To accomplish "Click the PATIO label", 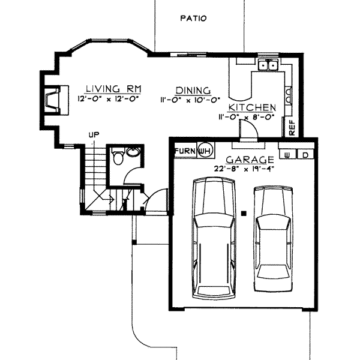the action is (193, 18).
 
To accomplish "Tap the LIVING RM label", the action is (113, 89).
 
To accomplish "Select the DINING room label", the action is (193, 91).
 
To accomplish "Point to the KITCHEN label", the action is (253, 107).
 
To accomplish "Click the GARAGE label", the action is (250, 160).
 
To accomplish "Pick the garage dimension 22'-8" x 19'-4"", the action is (244, 169).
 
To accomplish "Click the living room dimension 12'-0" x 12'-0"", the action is (109, 99).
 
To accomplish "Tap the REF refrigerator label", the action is (292, 128).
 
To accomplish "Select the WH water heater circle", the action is (205, 151).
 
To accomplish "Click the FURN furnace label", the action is (185, 151).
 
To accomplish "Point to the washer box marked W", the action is (287, 155).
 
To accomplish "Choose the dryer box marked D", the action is (305, 155).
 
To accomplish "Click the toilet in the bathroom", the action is (118, 156).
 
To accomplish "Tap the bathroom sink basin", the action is (133, 152).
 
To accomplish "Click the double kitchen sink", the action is (268, 65).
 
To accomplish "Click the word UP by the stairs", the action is (94, 135).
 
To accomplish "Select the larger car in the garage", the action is (214, 238).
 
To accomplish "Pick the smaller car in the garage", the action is (273, 239).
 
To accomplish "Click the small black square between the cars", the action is (244, 214).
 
